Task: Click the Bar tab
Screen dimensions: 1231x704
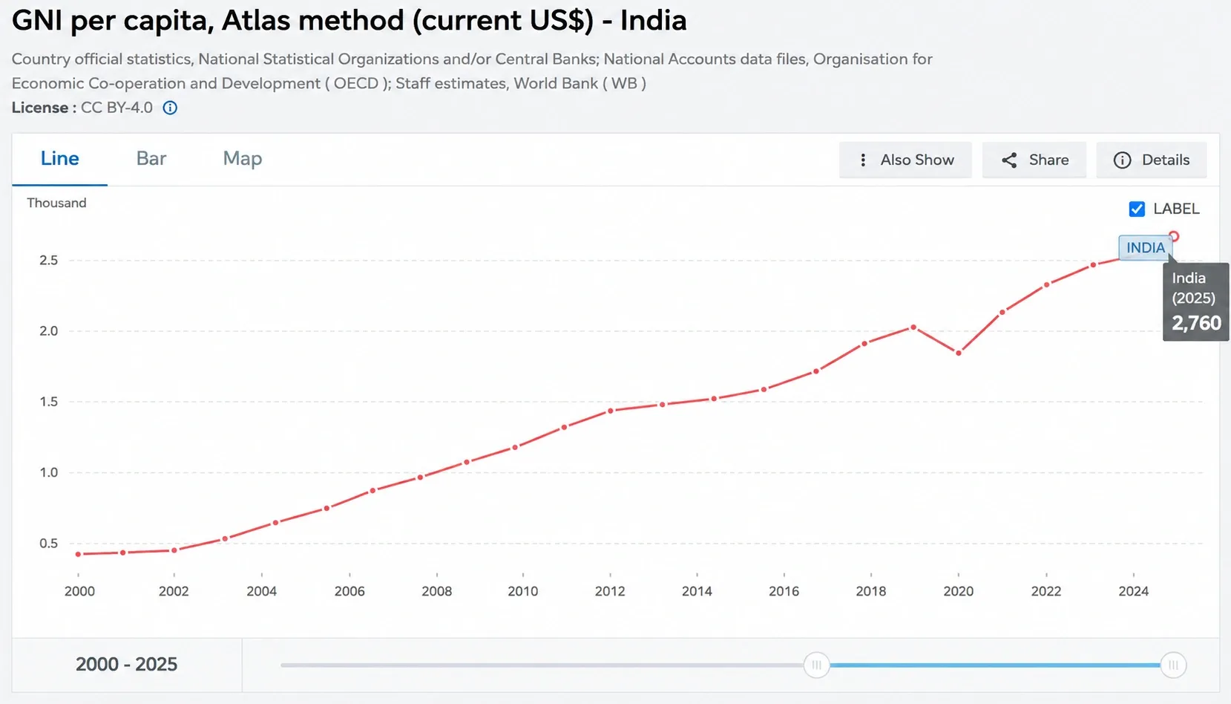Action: point(151,159)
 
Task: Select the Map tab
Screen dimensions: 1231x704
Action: point(243,159)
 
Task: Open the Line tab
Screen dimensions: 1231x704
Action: point(60,159)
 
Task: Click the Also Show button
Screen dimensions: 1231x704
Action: point(905,160)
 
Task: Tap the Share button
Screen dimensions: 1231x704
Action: point(1034,160)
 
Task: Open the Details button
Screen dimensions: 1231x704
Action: point(1152,160)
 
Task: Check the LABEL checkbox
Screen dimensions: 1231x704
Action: point(1137,209)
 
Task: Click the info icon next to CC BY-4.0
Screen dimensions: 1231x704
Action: point(170,108)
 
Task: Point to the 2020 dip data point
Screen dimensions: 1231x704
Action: point(959,353)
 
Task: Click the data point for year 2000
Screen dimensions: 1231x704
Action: point(78,554)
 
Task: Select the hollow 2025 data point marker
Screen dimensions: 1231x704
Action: point(1174,236)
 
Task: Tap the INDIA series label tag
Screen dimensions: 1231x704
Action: point(1146,247)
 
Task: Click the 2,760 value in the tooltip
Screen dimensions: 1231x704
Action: point(1196,323)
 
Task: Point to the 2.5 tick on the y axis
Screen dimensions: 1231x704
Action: point(48,260)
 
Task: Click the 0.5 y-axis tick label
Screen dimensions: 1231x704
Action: point(48,544)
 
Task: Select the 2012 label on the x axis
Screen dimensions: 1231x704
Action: point(610,591)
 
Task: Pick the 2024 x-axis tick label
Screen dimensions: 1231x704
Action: point(1133,591)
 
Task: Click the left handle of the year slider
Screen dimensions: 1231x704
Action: point(817,665)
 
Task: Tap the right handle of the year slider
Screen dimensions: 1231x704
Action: point(1173,665)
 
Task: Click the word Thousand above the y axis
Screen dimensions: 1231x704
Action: point(56,203)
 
